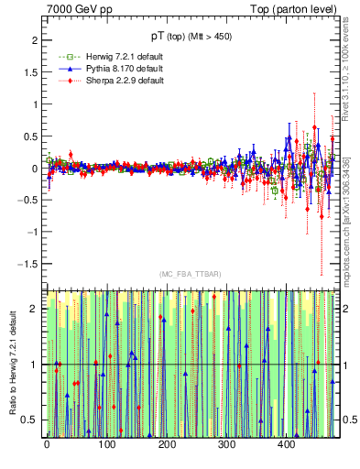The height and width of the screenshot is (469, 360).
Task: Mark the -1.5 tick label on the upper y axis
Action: tap(27, 264)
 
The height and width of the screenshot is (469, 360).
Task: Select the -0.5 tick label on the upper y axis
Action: tap(27, 201)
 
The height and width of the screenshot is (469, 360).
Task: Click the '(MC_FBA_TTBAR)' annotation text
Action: tap(190, 274)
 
